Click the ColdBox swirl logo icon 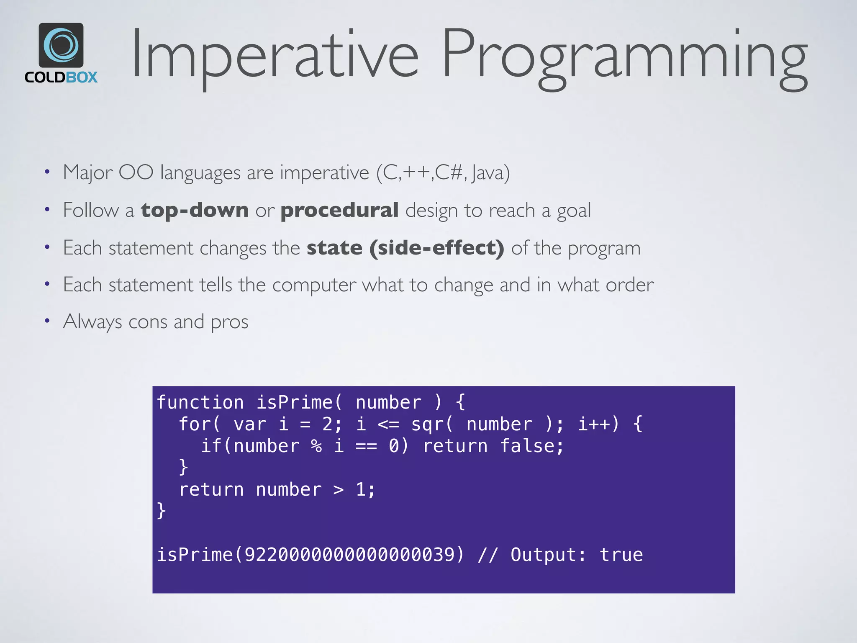[61, 45]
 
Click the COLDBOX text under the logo [61, 77]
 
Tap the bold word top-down [195, 210]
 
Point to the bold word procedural [339, 210]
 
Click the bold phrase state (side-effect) [405, 248]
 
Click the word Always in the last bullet [92, 322]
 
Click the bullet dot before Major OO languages [47, 172]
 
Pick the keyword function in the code [200, 402]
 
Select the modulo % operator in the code [317, 446]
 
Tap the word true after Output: [621, 555]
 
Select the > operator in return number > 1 [339, 489]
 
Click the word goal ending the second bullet [574, 210]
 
